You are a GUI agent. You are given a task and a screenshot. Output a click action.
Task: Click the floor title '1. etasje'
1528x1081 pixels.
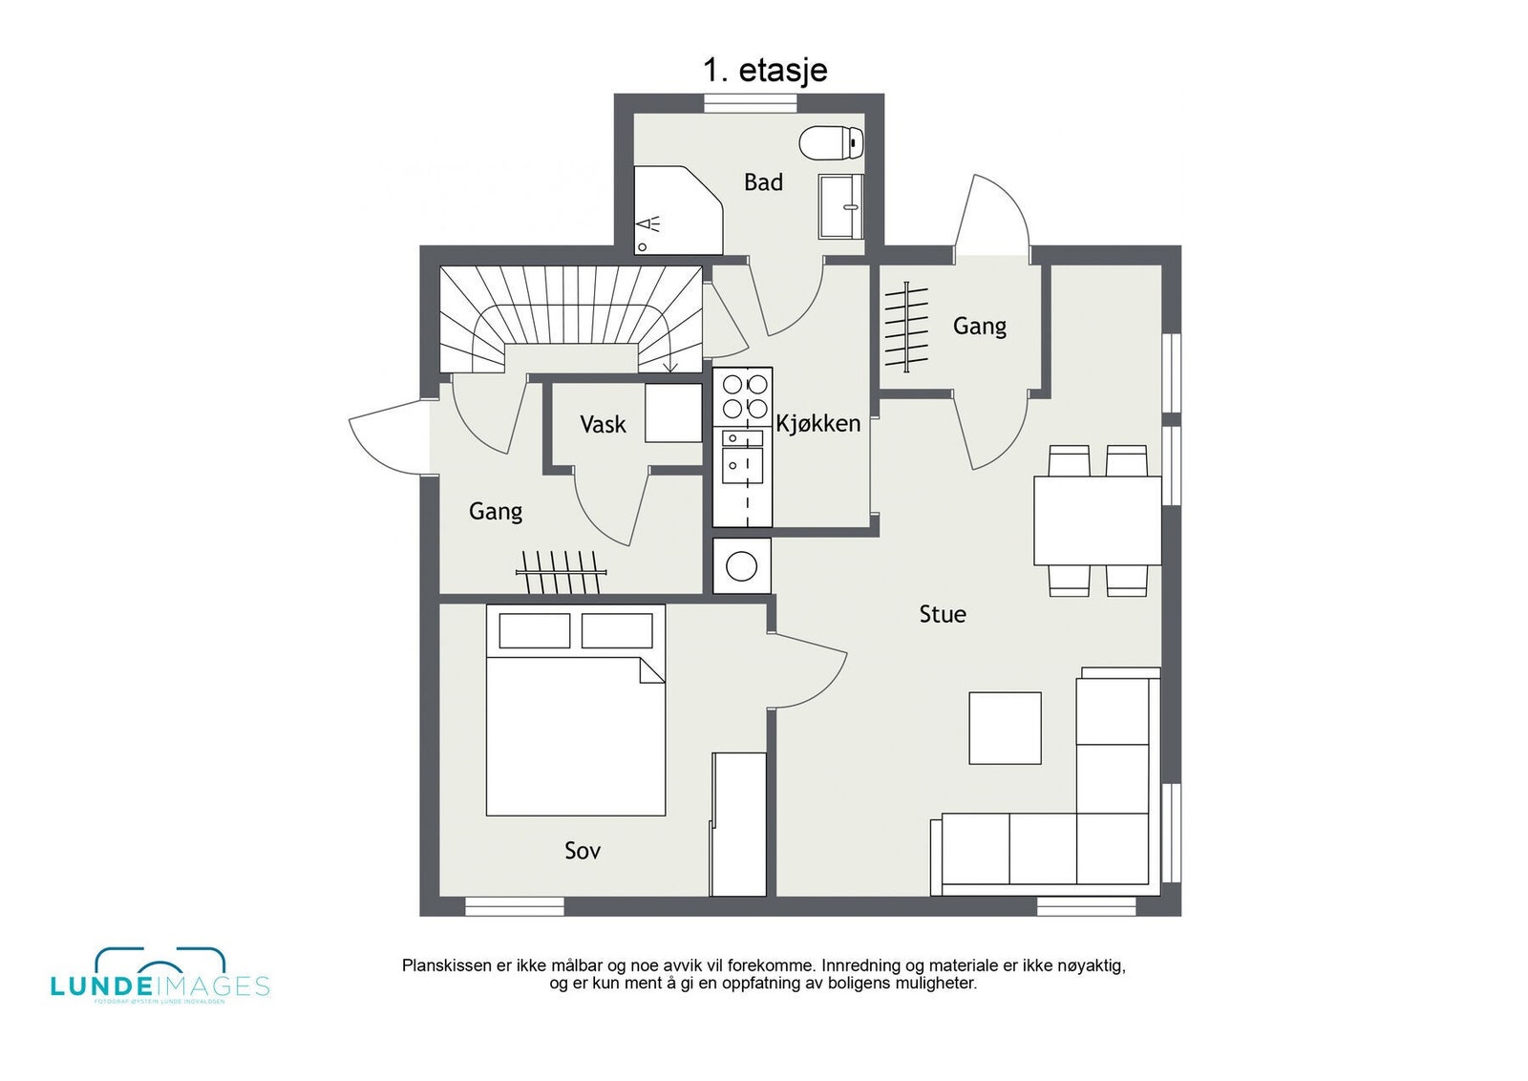tap(765, 70)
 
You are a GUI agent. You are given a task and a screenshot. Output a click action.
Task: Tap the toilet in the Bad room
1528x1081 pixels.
tap(831, 143)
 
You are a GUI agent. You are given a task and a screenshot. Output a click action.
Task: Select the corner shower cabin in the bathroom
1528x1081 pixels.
tap(673, 210)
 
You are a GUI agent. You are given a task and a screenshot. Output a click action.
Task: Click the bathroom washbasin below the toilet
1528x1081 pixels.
tap(840, 206)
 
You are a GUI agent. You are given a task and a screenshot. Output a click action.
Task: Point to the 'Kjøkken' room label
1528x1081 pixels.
tap(817, 423)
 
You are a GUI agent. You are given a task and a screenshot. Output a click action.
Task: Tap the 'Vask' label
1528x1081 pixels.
tap(603, 424)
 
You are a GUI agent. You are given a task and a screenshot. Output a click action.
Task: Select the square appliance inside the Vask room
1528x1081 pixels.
tap(673, 413)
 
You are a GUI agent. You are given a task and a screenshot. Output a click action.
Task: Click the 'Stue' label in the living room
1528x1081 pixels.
tap(943, 614)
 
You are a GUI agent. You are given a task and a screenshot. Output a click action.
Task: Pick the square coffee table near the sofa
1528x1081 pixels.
tap(1005, 728)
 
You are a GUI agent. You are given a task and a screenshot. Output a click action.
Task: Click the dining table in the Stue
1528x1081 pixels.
tap(1097, 520)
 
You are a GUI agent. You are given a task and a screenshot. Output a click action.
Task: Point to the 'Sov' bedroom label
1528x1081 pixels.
tap(583, 850)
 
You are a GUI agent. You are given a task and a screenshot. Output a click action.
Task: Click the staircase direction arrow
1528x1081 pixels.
tap(670, 365)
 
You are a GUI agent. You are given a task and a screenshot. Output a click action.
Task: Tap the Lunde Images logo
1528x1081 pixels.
tap(159, 976)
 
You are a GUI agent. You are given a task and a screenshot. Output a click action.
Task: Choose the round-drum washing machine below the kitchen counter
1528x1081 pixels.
tap(742, 566)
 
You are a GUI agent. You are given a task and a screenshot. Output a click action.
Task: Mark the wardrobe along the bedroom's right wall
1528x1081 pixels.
tap(738, 823)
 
